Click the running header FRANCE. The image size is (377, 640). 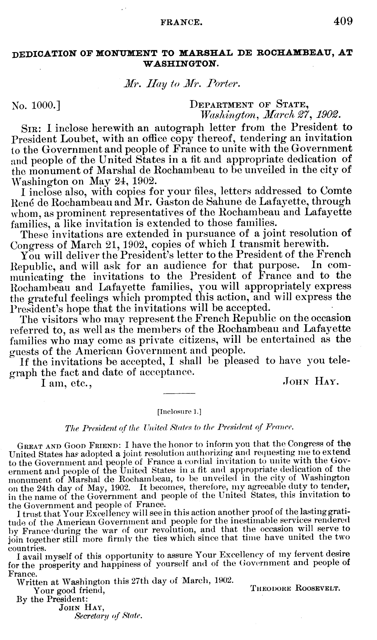click(182, 23)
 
